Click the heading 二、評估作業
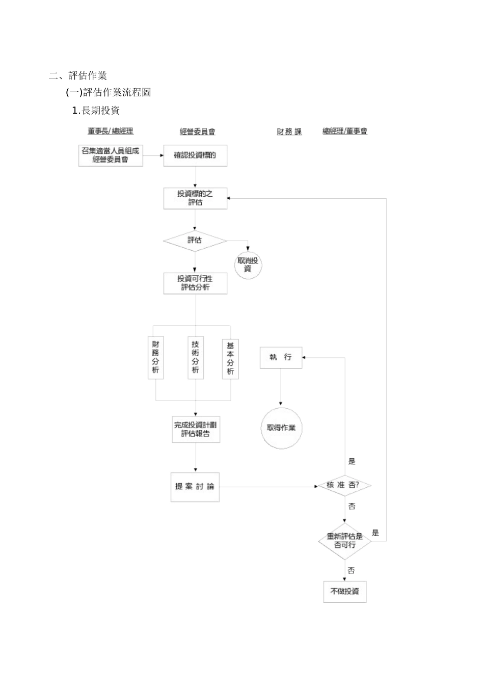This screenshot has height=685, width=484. click(x=78, y=76)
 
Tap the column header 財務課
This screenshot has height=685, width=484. click(x=289, y=131)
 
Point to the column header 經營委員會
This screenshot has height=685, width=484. click(x=197, y=131)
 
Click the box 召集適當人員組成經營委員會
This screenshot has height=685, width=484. click(x=111, y=155)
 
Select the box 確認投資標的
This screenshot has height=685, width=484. click(x=195, y=155)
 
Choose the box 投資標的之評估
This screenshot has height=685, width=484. click(x=195, y=198)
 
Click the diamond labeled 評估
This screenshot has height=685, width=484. click(x=195, y=240)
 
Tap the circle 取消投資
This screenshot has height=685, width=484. click(x=248, y=265)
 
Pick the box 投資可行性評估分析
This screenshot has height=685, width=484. click(x=195, y=283)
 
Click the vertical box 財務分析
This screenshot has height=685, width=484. click(x=155, y=357)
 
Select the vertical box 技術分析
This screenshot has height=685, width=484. click(x=195, y=357)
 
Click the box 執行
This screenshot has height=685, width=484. click(x=281, y=357)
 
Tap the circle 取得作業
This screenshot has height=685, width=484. click(x=281, y=428)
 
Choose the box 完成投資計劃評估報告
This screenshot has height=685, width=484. click(x=196, y=429)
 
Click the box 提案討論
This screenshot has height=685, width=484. click(x=195, y=487)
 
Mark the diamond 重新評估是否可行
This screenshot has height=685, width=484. click(x=345, y=541)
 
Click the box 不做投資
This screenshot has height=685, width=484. click(x=345, y=591)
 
